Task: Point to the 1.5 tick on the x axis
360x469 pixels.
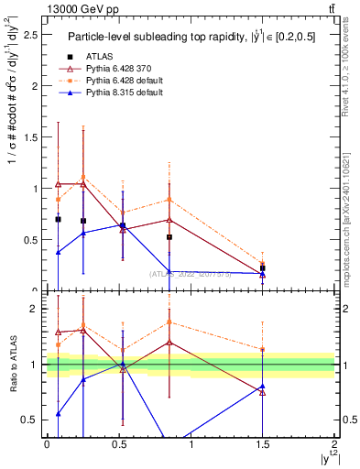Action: [x=263, y=443]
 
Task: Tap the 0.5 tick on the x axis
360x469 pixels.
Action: [x=119, y=443]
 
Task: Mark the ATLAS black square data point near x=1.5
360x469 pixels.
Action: [x=263, y=268]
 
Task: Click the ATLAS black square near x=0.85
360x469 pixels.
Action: [x=169, y=237]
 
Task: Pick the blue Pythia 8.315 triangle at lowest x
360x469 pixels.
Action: [x=59, y=252]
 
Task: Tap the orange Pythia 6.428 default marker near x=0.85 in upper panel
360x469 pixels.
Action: [x=169, y=200]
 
